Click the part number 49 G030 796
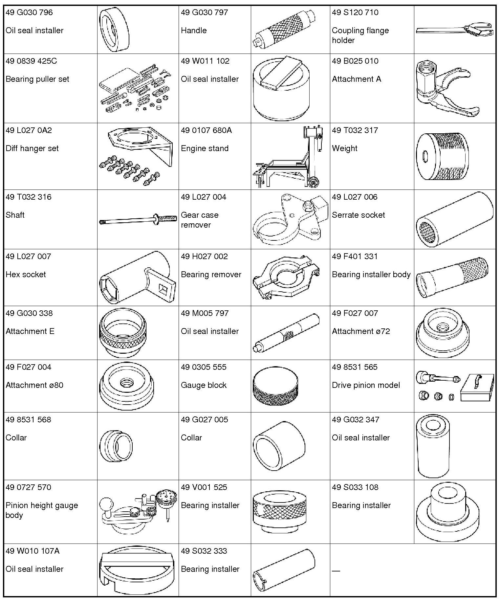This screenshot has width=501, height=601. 29,12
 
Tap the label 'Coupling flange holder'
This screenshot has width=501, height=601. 360,35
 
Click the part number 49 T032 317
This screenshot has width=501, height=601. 355,130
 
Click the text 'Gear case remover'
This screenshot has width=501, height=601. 200,220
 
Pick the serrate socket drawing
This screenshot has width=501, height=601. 455,219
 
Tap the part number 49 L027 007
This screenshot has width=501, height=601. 29,256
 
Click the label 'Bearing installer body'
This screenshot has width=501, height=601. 371,275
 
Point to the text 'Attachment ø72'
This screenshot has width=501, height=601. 361,331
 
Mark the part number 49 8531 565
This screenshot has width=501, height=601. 355,367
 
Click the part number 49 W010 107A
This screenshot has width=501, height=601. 33,551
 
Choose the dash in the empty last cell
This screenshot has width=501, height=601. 336,571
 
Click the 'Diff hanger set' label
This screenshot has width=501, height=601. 32,148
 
